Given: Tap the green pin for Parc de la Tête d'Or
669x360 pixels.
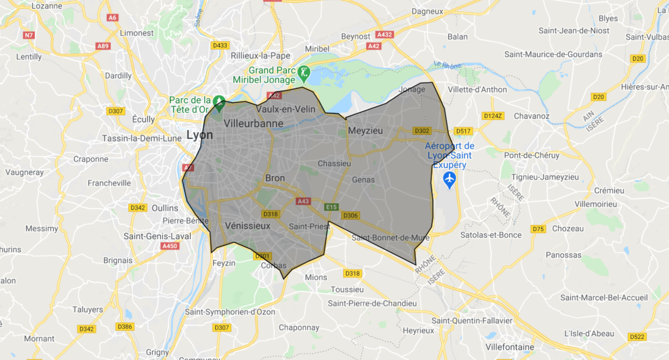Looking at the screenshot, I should click(218, 101).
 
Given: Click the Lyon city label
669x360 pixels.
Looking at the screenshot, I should click(200, 135).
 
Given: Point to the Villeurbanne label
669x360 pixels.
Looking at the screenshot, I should click(253, 124).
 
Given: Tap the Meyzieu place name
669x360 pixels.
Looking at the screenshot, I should click(365, 131).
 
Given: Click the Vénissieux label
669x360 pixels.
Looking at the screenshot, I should click(247, 226).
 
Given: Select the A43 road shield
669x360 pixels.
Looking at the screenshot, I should click(304, 202).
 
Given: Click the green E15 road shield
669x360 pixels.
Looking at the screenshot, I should click(331, 207).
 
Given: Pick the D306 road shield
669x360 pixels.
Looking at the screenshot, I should click(351, 216).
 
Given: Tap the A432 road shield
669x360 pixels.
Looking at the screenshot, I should click(384, 34).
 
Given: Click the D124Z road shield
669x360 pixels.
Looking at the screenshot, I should click(493, 116).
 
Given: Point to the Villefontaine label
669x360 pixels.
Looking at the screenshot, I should click(510, 347).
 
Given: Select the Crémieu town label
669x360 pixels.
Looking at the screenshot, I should click(609, 190).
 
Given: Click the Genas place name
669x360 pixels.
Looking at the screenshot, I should click(363, 179).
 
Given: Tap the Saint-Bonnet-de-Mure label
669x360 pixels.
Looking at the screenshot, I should click(390, 237).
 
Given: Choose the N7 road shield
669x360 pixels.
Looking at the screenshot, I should click(29, 35).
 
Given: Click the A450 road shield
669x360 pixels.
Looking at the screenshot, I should click(170, 246).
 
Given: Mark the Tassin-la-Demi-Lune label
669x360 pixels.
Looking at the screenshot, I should click(141, 138).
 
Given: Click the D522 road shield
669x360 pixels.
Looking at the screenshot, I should click(638, 337).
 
